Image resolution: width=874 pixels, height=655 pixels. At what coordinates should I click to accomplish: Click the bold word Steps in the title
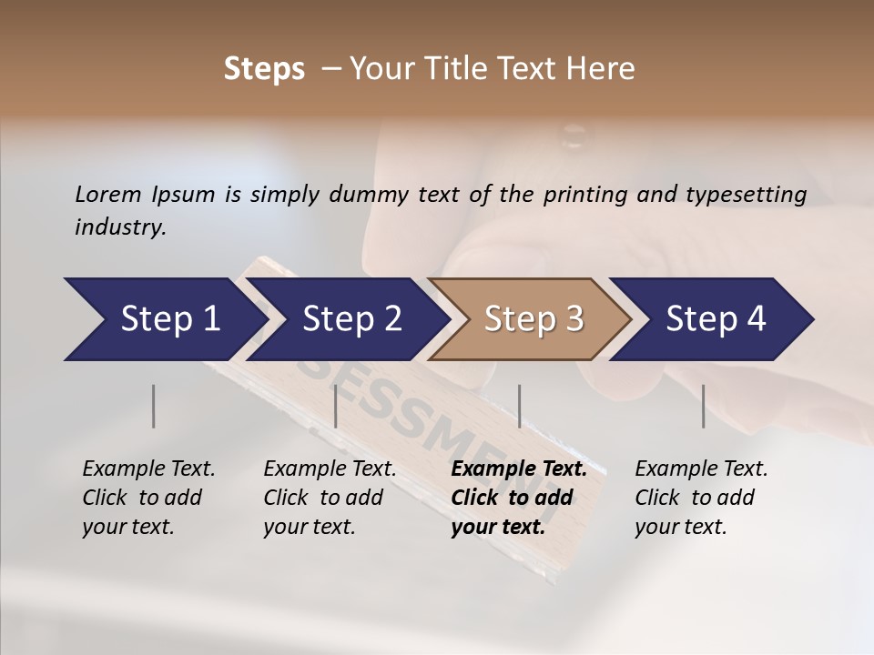pos(264,69)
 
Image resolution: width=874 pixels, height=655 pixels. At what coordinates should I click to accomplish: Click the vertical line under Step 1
pos(154,406)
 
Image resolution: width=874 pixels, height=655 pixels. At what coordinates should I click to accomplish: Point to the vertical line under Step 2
pos(336,406)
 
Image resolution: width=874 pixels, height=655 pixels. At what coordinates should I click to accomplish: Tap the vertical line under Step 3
pos(520,406)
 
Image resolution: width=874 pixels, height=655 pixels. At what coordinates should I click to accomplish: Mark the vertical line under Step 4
pos(704,406)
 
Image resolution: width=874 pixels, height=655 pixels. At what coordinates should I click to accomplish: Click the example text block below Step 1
pos(148,498)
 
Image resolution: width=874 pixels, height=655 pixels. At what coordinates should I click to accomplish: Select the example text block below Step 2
pos(330,498)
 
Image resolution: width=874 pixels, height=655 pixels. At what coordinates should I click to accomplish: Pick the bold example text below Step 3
pos(518,498)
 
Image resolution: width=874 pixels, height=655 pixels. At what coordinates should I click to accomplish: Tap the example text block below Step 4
pos(701,498)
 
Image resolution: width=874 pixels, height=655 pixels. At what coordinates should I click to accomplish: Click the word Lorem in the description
pos(107,195)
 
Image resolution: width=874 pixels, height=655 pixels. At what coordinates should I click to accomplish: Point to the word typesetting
pos(744,195)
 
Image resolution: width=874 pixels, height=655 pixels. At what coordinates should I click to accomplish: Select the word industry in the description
pos(119,227)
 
